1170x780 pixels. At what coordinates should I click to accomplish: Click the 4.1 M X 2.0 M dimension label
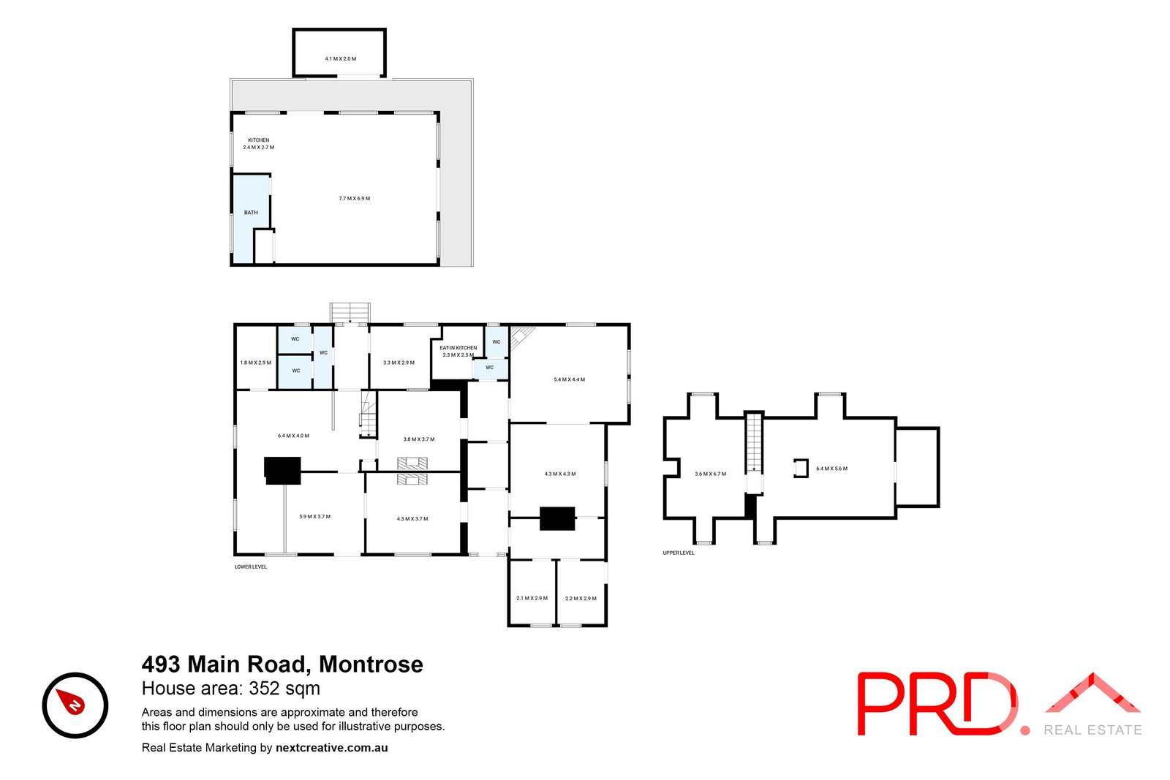(x=340, y=58)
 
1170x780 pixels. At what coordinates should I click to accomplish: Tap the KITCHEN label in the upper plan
(x=258, y=140)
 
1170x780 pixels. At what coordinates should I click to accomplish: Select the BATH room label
(x=251, y=213)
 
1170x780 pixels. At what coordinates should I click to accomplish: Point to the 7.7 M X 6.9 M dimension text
(x=354, y=198)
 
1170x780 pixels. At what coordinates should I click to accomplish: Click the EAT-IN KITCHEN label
(x=458, y=348)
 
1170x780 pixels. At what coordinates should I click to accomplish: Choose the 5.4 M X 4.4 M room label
(x=569, y=379)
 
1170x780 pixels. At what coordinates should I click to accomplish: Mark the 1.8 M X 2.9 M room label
(x=255, y=363)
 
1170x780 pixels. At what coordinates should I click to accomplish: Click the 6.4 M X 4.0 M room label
(x=293, y=436)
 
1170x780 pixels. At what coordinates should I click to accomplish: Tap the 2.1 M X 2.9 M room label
(x=532, y=598)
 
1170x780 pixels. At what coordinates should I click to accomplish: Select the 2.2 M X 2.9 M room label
(x=581, y=598)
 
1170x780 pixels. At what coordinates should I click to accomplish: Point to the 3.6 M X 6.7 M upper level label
(x=710, y=474)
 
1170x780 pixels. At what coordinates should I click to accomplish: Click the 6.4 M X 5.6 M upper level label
(x=831, y=469)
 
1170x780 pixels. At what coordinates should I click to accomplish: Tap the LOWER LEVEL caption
(x=250, y=567)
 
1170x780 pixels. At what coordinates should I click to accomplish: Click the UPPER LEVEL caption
(x=679, y=553)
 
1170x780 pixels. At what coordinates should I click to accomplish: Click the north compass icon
(x=75, y=705)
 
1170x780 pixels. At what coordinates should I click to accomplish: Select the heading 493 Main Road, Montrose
(x=282, y=664)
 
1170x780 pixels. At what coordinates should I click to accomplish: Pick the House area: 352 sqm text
(x=230, y=688)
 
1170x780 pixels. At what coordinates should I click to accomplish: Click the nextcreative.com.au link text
(x=331, y=748)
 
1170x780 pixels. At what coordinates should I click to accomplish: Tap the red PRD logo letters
(x=936, y=703)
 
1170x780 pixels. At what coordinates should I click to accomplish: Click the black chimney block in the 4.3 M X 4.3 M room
(x=557, y=518)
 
